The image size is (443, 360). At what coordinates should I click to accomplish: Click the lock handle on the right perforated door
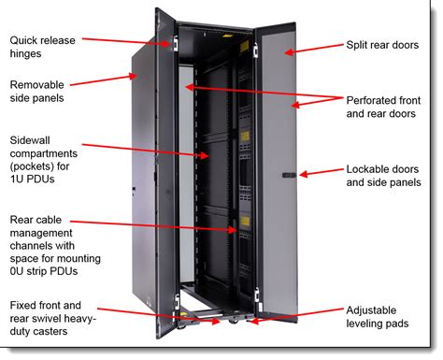click(289, 175)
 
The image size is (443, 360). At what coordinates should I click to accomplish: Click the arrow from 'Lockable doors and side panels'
click(312, 174)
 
